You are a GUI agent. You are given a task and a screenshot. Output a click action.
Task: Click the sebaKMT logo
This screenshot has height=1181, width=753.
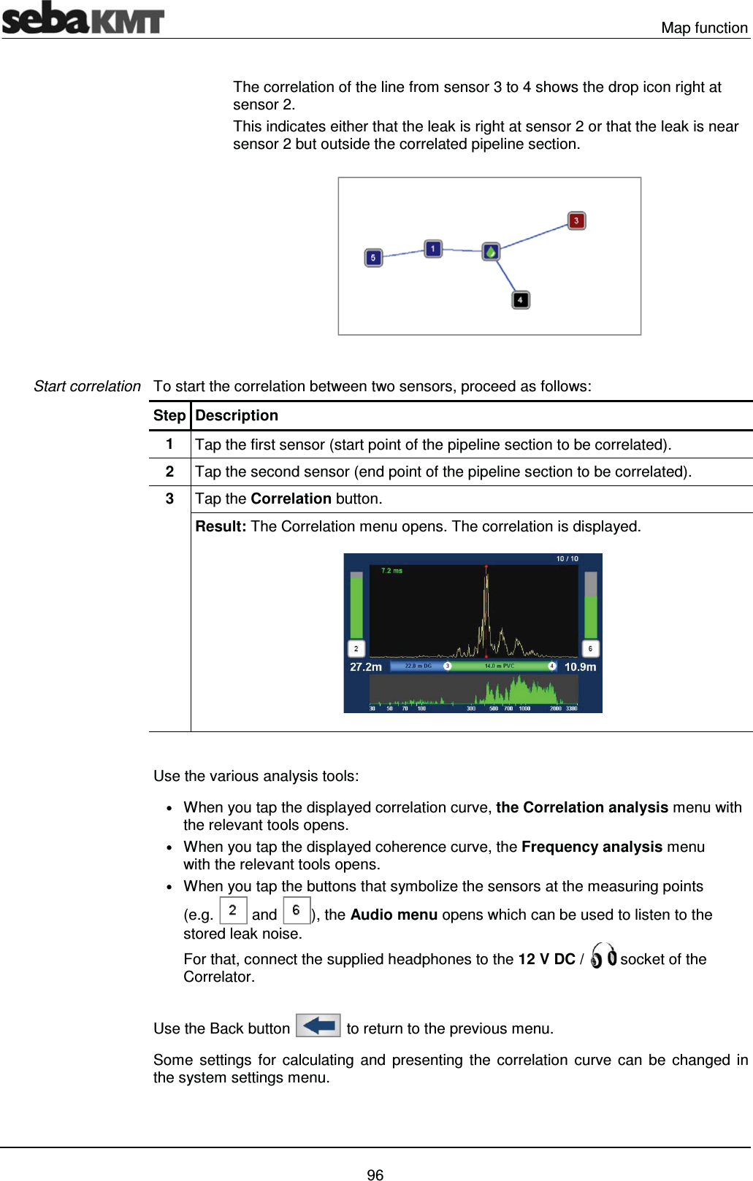pos(83,18)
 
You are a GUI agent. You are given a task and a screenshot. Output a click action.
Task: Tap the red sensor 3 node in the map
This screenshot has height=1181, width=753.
pos(576,220)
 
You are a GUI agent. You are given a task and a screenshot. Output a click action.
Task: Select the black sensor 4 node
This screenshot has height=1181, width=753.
pos(520,300)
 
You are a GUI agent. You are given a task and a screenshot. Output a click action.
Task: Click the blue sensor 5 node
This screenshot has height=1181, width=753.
pos(373,258)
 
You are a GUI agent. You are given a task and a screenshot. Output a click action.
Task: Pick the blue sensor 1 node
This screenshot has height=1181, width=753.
pos(433,249)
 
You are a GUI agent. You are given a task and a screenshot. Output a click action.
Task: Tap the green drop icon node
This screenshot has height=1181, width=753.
pos(491,252)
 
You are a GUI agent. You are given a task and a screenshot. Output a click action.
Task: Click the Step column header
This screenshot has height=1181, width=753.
pos(169,415)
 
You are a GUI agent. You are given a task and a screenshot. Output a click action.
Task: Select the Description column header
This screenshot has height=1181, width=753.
pos(237,415)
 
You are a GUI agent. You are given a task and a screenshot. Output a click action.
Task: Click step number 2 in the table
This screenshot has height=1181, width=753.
pos(169,472)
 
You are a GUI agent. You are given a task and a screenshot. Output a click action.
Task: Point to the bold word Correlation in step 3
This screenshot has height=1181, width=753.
pos(291,499)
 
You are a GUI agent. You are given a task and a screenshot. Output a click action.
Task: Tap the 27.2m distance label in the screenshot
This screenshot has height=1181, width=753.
pos(365,666)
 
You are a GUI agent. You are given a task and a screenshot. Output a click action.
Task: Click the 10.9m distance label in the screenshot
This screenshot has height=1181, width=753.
pos(580,666)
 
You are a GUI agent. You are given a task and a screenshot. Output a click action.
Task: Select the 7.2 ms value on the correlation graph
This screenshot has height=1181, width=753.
pos(391,571)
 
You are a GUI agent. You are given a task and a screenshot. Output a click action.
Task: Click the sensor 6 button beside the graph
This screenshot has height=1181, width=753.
pos(590,648)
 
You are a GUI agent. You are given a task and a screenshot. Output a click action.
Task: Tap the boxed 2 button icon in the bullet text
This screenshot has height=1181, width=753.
pos(233,910)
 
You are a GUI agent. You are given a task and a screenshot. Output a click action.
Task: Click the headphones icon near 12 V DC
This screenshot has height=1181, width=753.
pos(603,955)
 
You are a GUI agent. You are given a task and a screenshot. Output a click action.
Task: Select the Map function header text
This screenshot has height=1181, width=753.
pos(704,28)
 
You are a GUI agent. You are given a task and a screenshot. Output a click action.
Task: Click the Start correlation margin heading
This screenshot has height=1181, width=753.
pos(87,386)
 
